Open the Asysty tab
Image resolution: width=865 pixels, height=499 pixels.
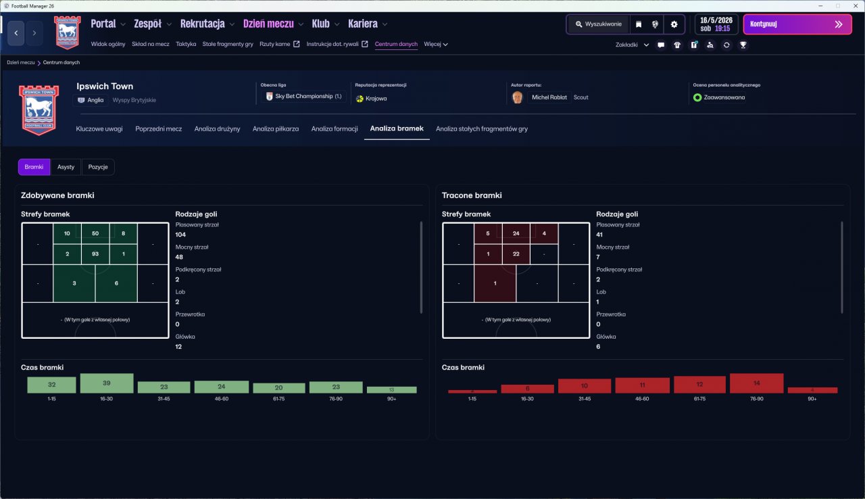[x=66, y=167]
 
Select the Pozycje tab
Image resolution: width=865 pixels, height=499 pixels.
[x=98, y=167]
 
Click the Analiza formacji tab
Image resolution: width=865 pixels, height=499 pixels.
[x=335, y=128]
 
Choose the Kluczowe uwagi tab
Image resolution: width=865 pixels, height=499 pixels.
[x=99, y=128]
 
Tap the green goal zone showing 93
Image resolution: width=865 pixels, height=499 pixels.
[x=95, y=254]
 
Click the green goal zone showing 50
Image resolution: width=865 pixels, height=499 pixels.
[x=95, y=233]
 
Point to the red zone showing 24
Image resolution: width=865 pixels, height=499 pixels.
[x=516, y=233]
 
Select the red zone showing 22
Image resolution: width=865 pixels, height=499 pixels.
[x=516, y=254]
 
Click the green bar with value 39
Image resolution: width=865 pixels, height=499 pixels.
[x=107, y=383]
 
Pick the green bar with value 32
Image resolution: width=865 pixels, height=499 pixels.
[x=52, y=385]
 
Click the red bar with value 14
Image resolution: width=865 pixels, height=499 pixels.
[x=756, y=383]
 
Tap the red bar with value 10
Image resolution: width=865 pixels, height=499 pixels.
[x=585, y=386]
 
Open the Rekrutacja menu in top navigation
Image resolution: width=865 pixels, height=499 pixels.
[x=203, y=24]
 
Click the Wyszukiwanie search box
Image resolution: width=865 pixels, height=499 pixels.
[x=598, y=24]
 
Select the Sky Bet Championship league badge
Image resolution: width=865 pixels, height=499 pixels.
[x=303, y=97]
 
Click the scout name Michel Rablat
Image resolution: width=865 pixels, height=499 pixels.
[x=549, y=97]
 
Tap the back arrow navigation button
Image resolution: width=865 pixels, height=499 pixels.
[x=16, y=32]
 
